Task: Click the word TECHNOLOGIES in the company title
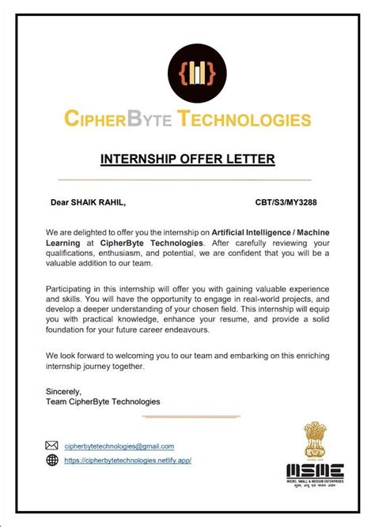[244, 121]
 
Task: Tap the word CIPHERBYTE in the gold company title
[118, 121]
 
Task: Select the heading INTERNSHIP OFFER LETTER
[187, 160]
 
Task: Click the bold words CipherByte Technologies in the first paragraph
[153, 243]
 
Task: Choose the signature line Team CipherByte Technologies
[103, 401]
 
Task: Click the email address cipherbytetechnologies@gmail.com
[119, 446]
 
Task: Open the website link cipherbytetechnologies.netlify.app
[127, 460]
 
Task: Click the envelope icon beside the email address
[52, 446]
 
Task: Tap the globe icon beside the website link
[52, 460]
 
